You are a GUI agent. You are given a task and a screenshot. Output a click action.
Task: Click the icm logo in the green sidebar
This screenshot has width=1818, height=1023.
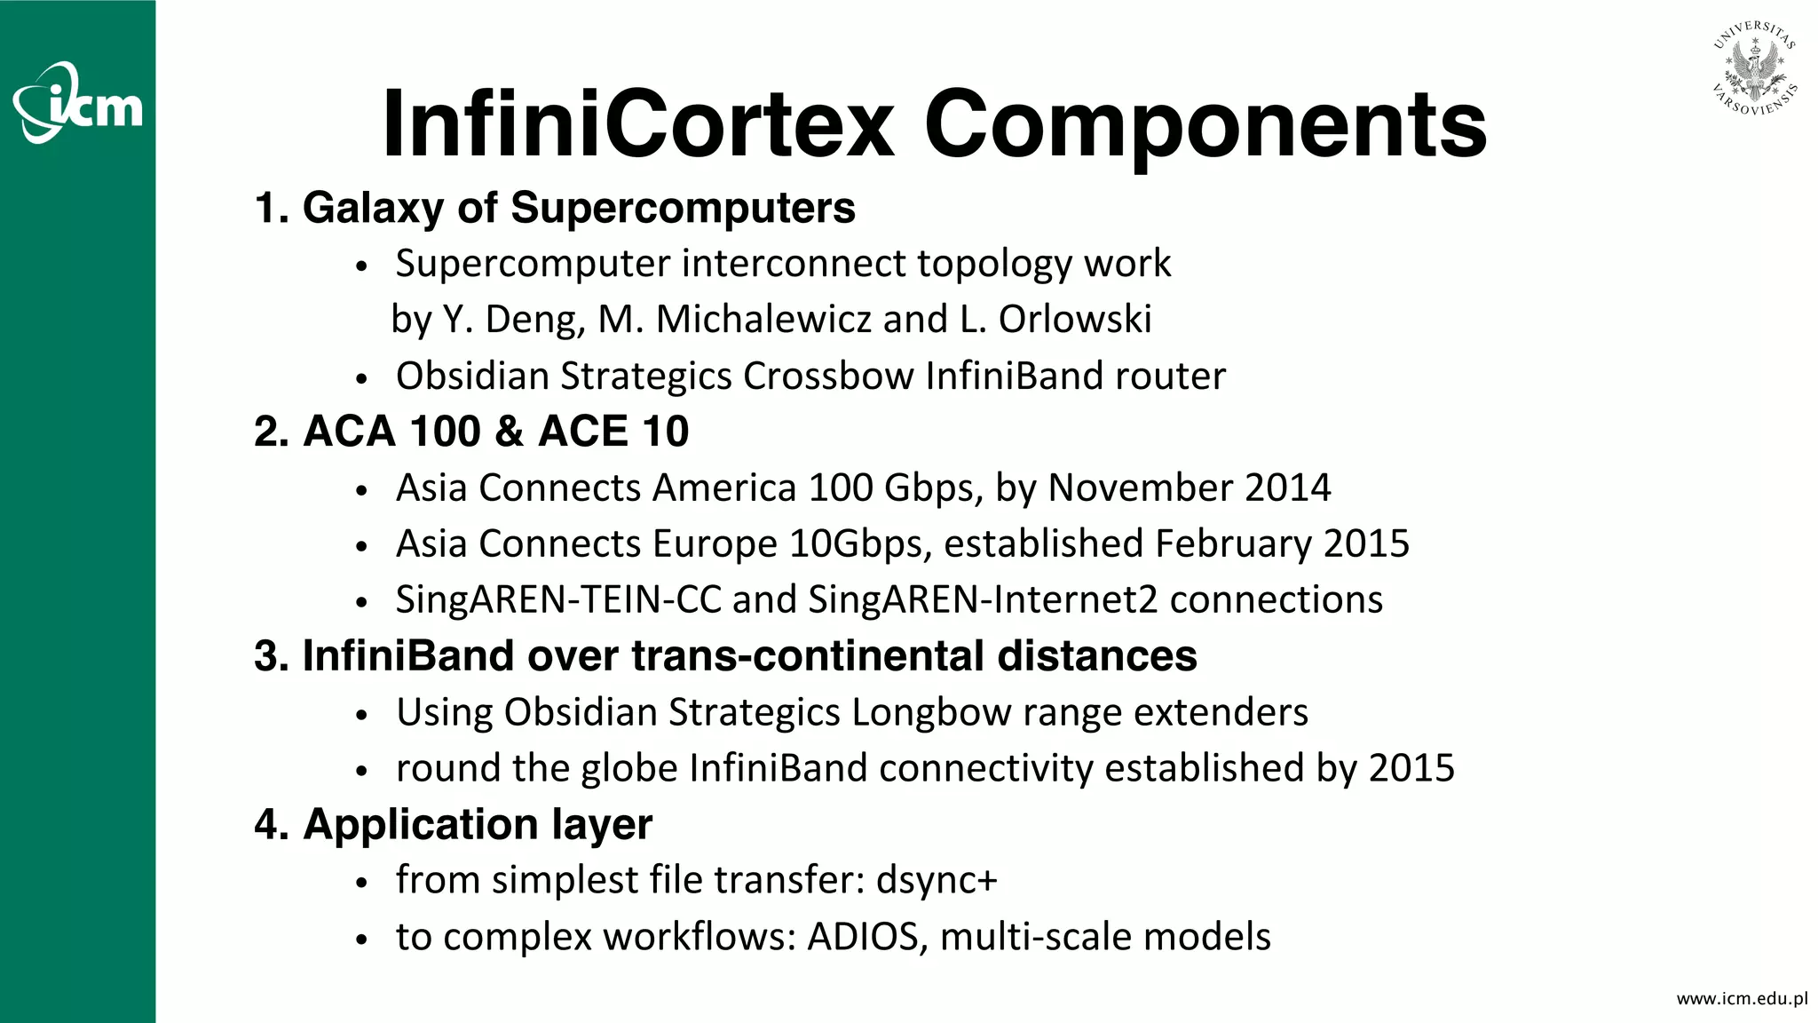coord(78,103)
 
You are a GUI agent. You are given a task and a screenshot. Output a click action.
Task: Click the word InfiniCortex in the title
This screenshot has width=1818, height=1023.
coord(637,124)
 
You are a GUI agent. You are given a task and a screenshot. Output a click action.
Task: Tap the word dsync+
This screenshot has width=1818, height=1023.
coord(937,880)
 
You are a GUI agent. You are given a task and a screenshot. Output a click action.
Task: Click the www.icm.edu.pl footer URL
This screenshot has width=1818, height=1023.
coord(1741,998)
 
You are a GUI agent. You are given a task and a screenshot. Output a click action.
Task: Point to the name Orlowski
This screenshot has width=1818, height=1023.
coord(1075,320)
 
